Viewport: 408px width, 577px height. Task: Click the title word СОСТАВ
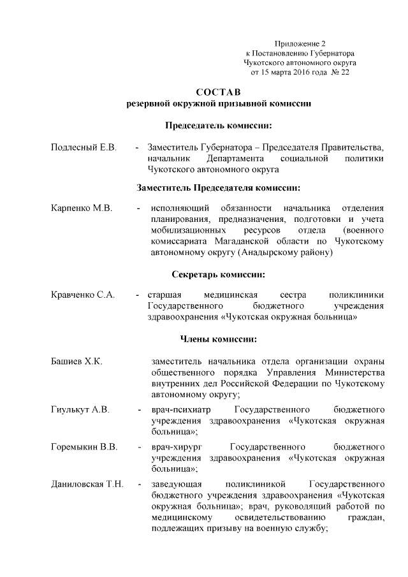(219, 92)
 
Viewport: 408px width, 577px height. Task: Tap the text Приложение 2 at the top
(300, 43)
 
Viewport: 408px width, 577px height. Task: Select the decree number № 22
(340, 73)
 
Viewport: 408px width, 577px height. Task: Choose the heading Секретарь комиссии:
(219, 275)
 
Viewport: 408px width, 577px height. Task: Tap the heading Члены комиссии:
(219, 338)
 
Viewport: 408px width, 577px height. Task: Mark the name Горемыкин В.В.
(84, 446)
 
